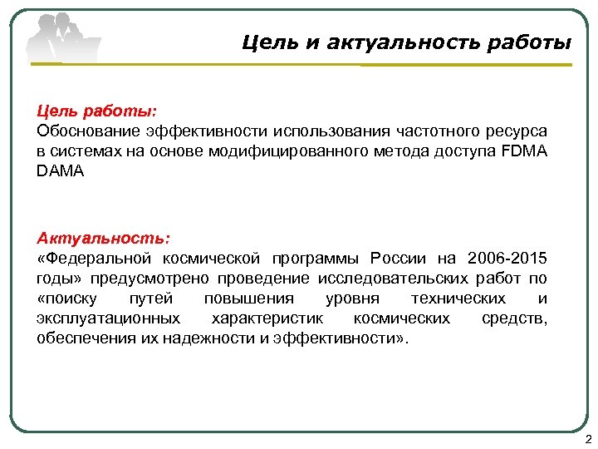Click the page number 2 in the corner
tap(588, 439)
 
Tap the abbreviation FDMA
tap(525, 151)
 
